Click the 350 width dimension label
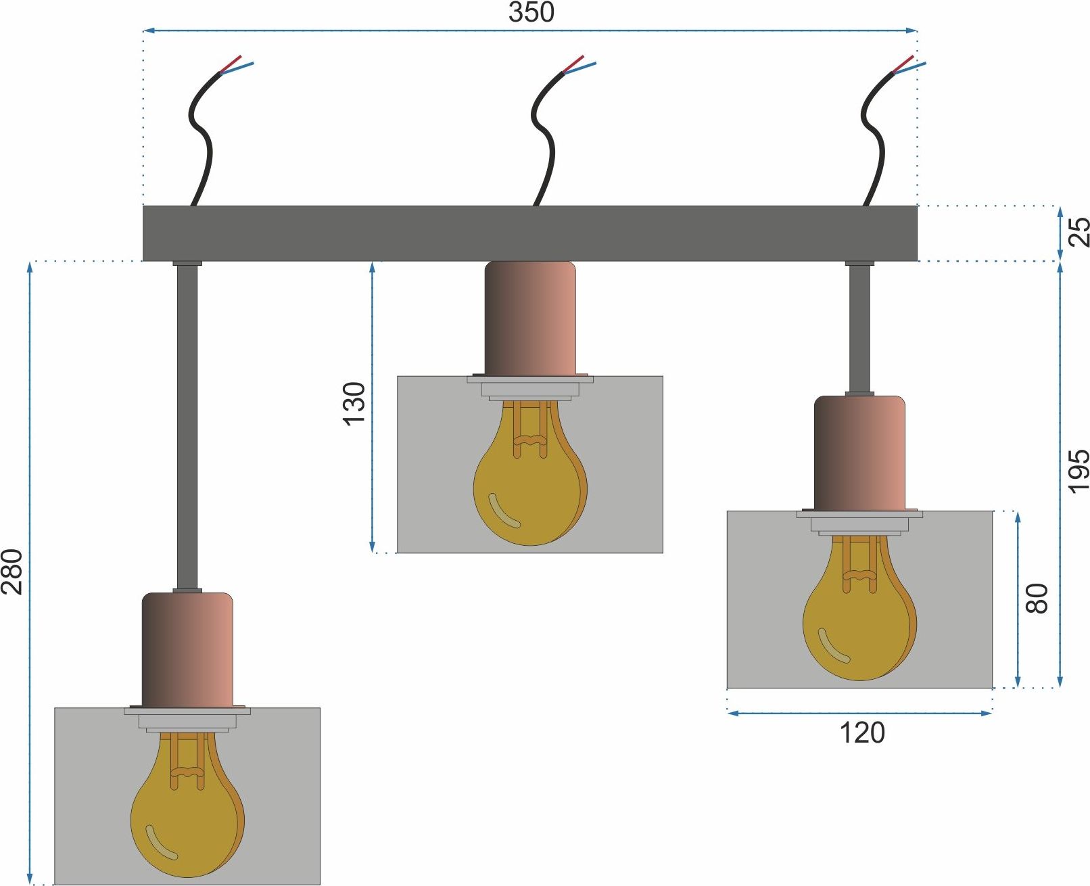531,12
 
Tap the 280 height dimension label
12,572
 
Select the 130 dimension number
354,404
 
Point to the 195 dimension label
1079,471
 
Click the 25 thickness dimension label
1079,233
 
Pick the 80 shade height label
1037,599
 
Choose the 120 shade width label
862,733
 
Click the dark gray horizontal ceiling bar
529,233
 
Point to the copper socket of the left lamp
187,650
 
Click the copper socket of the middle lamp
530,319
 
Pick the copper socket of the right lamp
859,454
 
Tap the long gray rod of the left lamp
187,427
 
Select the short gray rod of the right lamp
859,329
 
